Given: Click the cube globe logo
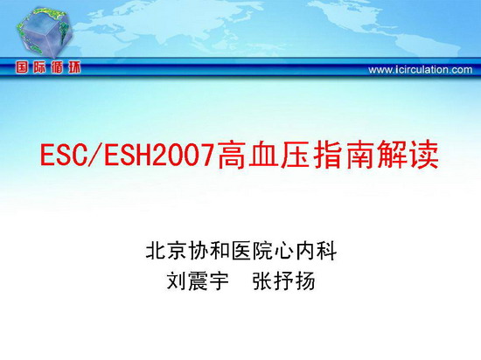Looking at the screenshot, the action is coord(45,33).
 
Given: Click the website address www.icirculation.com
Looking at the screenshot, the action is coord(421,70).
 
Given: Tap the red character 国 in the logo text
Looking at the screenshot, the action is coord(22,67).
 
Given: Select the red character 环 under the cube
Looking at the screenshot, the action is coord(74,67).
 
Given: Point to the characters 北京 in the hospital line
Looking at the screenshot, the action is coord(166,251).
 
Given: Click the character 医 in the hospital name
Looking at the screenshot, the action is coord(241,251).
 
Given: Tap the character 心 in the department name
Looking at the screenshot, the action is coord(285,251).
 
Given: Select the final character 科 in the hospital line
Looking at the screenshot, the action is coord(327,251).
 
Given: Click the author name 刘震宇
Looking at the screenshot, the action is coord(199,281).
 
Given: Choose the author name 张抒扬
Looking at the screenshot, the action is coord(284,281).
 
